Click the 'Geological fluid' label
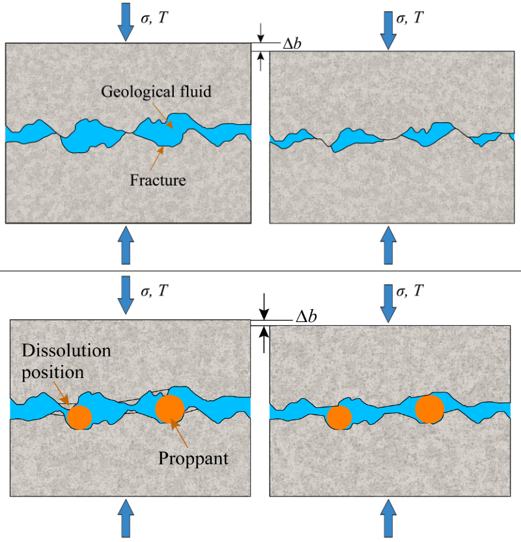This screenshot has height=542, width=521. tap(156, 92)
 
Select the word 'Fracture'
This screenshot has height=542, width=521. tap(157, 180)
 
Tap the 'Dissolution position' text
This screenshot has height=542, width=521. tap(66, 362)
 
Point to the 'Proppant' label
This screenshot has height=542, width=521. tap(193, 458)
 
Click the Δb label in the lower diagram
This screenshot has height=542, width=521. tap(306, 317)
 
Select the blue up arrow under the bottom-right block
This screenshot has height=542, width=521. tap(388, 519)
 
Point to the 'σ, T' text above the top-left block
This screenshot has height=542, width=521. tap(155, 18)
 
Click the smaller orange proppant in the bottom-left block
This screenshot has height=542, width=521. tap(80, 417)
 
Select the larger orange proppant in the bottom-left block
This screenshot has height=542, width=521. tap(170, 408)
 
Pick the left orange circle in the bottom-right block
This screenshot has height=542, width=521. tap(339, 417)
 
